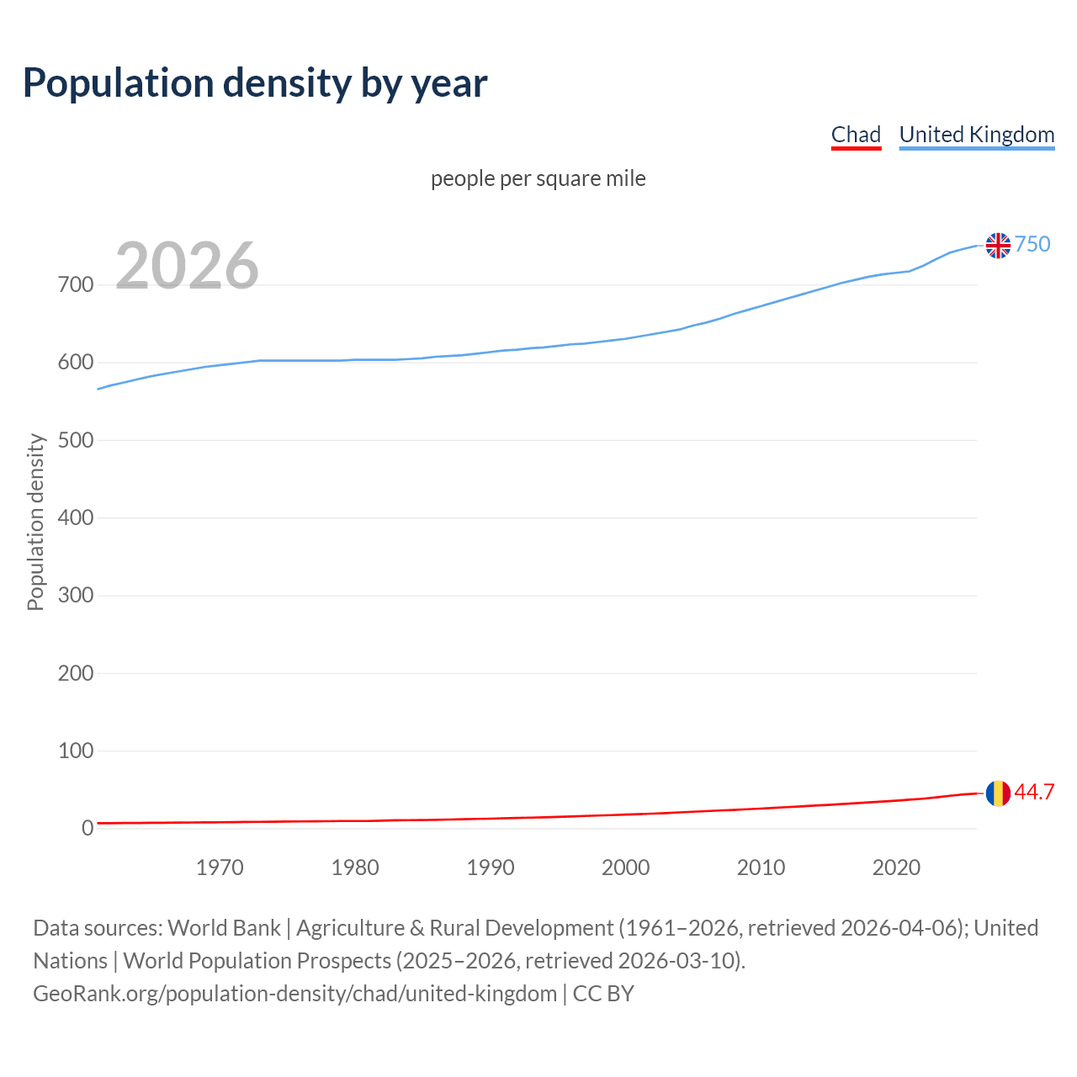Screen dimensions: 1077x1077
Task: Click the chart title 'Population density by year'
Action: pyautogui.click(x=255, y=83)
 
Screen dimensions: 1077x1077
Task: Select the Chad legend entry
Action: pyautogui.click(x=856, y=135)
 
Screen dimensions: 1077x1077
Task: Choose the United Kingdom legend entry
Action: pyautogui.click(x=976, y=135)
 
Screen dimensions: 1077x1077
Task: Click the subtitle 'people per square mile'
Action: pyautogui.click(x=538, y=179)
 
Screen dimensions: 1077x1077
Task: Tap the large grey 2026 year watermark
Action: pyautogui.click(x=187, y=266)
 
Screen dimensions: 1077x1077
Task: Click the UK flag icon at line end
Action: pyautogui.click(x=998, y=245)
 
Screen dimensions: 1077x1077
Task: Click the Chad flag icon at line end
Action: pyautogui.click(x=998, y=793)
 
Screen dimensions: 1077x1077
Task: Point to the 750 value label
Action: pyautogui.click(x=1032, y=244)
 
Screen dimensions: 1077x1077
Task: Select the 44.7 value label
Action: pyautogui.click(x=1034, y=793)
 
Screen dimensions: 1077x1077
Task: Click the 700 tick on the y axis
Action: pyautogui.click(x=75, y=285)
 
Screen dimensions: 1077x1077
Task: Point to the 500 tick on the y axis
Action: pyautogui.click(x=75, y=440)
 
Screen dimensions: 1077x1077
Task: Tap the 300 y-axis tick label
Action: pyautogui.click(x=75, y=596)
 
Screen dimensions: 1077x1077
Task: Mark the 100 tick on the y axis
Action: pyautogui.click(x=75, y=751)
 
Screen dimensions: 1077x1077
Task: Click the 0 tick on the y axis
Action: pyautogui.click(x=87, y=828)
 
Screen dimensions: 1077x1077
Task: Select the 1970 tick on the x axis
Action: pyautogui.click(x=220, y=867)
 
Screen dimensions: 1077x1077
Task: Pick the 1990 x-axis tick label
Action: pyautogui.click(x=491, y=867)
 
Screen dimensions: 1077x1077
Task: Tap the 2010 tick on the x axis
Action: pyautogui.click(x=761, y=867)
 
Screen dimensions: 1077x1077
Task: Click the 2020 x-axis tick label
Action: pyautogui.click(x=896, y=867)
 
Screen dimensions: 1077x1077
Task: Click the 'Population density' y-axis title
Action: pyautogui.click(x=35, y=522)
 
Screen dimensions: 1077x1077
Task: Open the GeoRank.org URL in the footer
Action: pyautogui.click(x=294, y=994)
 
